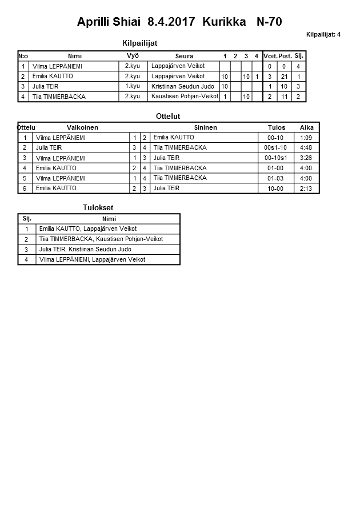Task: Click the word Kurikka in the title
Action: click(221, 22)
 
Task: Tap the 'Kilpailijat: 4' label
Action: click(323, 34)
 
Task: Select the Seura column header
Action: click(184, 56)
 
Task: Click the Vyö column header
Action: click(133, 56)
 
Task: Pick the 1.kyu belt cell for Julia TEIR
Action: click(133, 86)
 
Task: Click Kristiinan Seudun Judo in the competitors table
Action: click(183, 86)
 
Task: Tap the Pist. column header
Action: click(285, 56)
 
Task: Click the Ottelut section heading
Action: click(168, 116)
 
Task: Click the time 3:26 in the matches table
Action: click(306, 158)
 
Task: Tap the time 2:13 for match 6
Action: click(306, 189)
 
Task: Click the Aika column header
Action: click(306, 127)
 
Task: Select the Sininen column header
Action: click(205, 127)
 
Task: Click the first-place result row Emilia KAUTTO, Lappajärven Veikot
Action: click(88, 229)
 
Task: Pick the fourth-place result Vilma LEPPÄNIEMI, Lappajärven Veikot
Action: click(92, 259)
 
